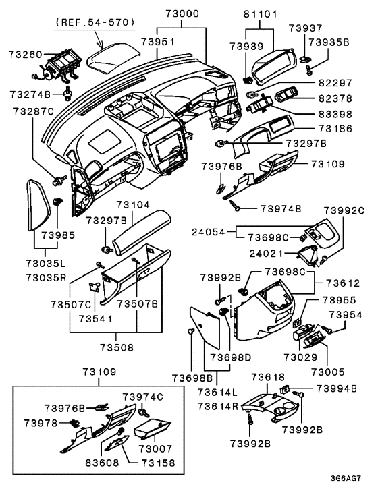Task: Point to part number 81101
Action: pos(260,13)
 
